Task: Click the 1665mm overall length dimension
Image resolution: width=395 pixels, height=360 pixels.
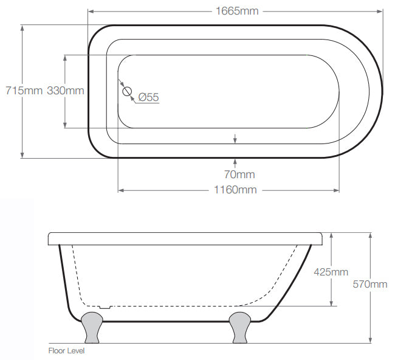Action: pyautogui.click(x=237, y=11)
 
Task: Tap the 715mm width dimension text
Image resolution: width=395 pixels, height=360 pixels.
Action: pyautogui.click(x=24, y=91)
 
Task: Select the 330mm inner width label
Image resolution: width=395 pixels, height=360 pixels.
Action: pyautogui.click(x=66, y=91)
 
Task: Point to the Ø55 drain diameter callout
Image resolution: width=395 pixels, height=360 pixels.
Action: pyautogui.click(x=149, y=97)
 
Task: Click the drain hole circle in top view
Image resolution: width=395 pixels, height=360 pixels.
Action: pyautogui.click(x=127, y=91)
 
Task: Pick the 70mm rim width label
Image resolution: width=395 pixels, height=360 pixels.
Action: pyautogui.click(x=239, y=175)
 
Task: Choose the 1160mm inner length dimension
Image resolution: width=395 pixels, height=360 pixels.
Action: pyautogui.click(x=235, y=190)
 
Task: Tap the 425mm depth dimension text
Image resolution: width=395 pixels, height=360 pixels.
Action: pyautogui.click(x=331, y=272)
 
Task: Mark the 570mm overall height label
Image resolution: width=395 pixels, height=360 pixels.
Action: pyautogui.click(x=370, y=285)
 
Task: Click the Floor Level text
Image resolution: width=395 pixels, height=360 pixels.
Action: pyautogui.click(x=66, y=351)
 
